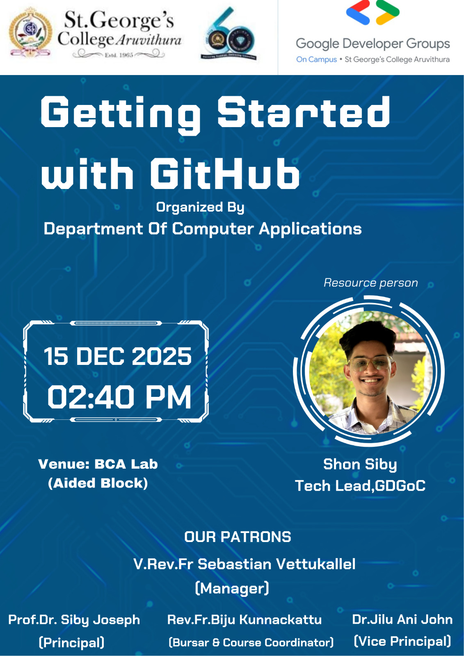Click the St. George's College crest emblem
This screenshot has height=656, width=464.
click(30, 33)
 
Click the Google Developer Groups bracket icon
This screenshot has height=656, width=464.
click(373, 13)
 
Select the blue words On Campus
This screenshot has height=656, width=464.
click(316, 59)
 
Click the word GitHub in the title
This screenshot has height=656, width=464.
click(225, 174)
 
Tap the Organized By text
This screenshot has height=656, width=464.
click(200, 207)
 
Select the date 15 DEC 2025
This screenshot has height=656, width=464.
click(118, 356)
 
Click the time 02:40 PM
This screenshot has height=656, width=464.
click(119, 397)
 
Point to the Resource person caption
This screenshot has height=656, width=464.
click(370, 282)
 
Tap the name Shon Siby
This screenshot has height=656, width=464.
click(360, 464)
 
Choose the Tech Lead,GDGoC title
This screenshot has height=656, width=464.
click(360, 486)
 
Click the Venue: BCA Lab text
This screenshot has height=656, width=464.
click(98, 464)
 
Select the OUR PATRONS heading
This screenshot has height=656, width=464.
click(238, 537)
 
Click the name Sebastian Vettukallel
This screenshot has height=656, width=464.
click(277, 564)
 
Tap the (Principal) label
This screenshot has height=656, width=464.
click(71, 642)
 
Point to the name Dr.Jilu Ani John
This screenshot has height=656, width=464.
click(402, 619)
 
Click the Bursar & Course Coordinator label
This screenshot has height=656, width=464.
click(251, 642)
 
